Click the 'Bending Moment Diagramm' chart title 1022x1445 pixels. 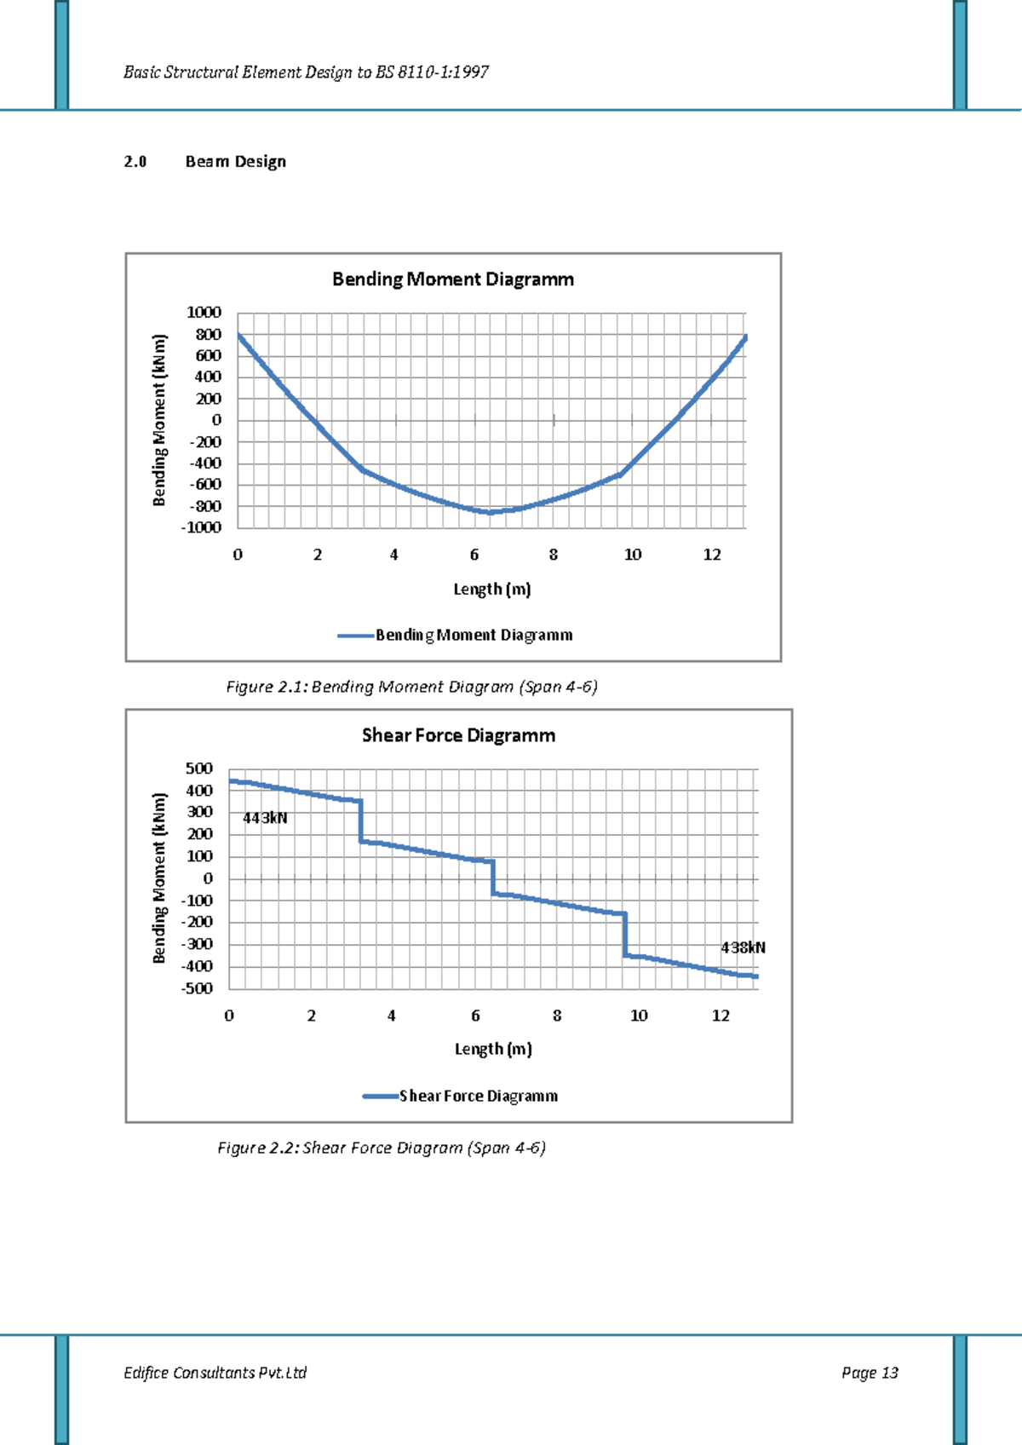pyautogui.click(x=452, y=279)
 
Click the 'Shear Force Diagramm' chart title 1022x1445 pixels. pyautogui.click(x=458, y=735)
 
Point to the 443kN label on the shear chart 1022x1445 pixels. pyautogui.click(x=265, y=818)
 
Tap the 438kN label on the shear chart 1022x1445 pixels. pyautogui.click(x=743, y=947)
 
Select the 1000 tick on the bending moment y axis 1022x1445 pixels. pyautogui.click(x=204, y=313)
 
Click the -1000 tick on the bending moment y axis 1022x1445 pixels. pyautogui.click(x=201, y=527)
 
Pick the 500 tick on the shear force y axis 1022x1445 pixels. pyautogui.click(x=199, y=769)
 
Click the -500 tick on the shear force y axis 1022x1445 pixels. pyautogui.click(x=197, y=988)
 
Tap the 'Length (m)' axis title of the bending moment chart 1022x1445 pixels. pyautogui.click(x=491, y=589)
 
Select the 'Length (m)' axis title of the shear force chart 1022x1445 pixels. pyautogui.click(x=493, y=1049)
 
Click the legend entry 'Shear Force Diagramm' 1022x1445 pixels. pyautogui.click(x=478, y=1096)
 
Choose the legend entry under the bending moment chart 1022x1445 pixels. pyautogui.click(x=474, y=635)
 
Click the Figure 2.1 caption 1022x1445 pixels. pyautogui.click(x=411, y=687)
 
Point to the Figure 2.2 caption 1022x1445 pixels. pyautogui.click(x=382, y=1148)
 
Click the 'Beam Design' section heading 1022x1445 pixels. pyautogui.click(x=235, y=162)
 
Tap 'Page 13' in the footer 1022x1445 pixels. pyautogui.click(x=870, y=1373)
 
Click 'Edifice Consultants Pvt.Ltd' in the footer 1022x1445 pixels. pyautogui.click(x=215, y=1373)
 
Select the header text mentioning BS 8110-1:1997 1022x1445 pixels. pyautogui.click(x=306, y=72)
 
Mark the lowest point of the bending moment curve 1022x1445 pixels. pyautogui.click(x=491, y=512)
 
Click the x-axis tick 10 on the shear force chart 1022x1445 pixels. pyautogui.click(x=639, y=1016)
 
